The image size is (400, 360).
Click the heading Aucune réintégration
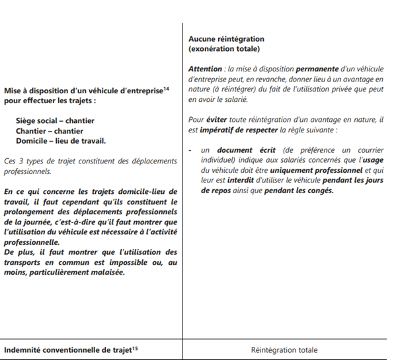[x=226, y=39]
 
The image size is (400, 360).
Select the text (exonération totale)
[x=224, y=49]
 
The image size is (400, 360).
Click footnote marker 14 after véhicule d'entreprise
[x=166, y=88]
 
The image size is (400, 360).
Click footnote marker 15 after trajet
[x=135, y=347]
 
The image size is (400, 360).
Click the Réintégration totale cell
[x=284, y=349]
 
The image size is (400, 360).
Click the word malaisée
[x=106, y=271]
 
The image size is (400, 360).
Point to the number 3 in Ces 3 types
[x=20, y=161]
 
